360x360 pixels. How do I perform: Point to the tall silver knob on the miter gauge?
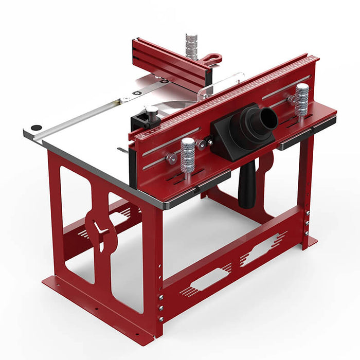coord(191,46)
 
